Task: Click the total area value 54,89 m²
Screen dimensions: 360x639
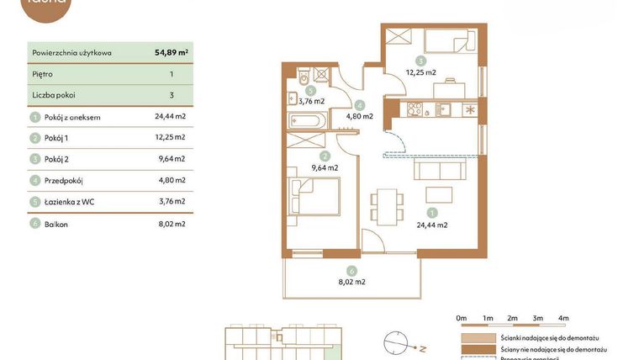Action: pyautogui.click(x=171, y=52)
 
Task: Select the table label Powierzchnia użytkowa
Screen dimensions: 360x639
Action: pyautogui.click(x=71, y=52)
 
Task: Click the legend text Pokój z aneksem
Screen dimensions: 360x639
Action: pyautogui.click(x=72, y=117)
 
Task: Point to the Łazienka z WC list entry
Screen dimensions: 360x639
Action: pyautogui.click(x=69, y=202)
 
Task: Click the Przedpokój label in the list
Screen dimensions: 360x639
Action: pyautogui.click(x=64, y=180)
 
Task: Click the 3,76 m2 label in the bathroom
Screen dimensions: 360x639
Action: pyautogui.click(x=311, y=101)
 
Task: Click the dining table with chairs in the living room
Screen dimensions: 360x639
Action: pyautogui.click(x=385, y=205)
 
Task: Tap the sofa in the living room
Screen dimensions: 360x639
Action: pyautogui.click(x=440, y=170)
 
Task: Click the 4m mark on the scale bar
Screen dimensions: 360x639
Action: pyautogui.click(x=563, y=318)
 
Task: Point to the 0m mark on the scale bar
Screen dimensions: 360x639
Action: pyautogui.click(x=461, y=318)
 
